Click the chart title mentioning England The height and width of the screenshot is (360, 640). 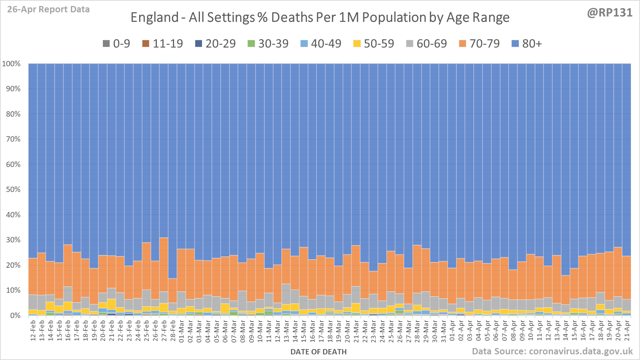(320, 17)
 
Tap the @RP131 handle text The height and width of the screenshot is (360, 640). (609, 13)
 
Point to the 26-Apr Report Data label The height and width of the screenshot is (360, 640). (48, 10)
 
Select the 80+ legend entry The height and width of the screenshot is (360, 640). (527, 44)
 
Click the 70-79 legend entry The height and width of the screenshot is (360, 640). (479, 44)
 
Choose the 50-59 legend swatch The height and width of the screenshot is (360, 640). (357, 44)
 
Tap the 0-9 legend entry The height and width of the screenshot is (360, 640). (117, 44)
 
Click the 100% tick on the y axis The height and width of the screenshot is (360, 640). (12, 64)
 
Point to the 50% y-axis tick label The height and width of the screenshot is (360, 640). (13, 190)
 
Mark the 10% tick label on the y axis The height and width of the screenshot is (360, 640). (13, 290)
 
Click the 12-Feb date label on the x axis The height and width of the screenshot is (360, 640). (33, 330)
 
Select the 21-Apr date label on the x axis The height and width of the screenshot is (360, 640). (627, 330)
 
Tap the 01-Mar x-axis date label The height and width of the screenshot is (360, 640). (181, 330)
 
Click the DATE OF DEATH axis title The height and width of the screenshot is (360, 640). (318, 352)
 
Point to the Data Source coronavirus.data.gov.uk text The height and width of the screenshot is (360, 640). (552, 351)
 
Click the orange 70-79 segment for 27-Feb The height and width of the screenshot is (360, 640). (164, 264)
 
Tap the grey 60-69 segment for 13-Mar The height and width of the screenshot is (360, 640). (286, 294)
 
